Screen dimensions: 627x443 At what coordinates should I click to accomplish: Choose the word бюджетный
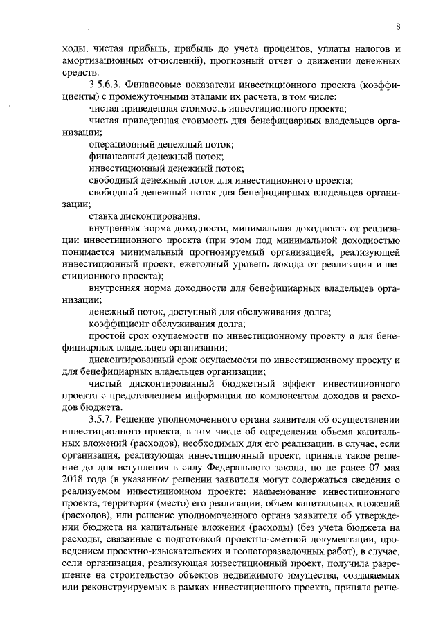click(234, 383)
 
